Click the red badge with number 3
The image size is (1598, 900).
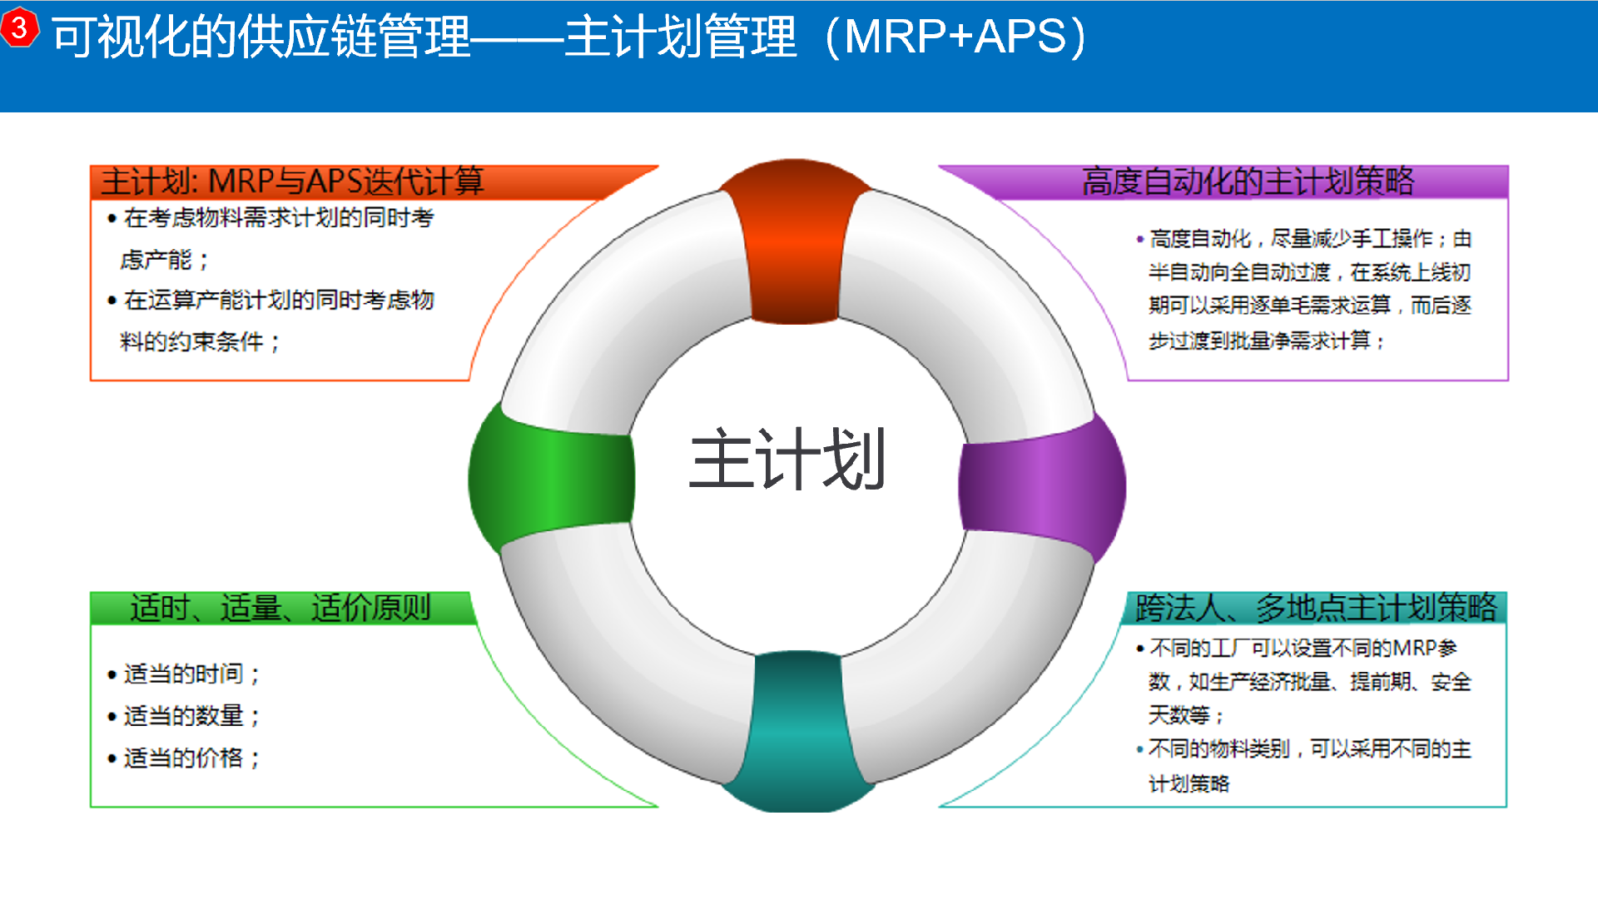click(x=19, y=27)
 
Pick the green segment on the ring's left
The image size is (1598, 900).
click(x=552, y=478)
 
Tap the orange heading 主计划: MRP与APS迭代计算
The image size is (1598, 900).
click(x=292, y=181)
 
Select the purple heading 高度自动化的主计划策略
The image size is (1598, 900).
click(x=1248, y=181)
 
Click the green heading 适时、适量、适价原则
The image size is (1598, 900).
click(x=280, y=608)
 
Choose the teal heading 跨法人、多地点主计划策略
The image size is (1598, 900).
click(x=1316, y=608)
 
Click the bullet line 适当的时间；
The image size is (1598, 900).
click(x=184, y=674)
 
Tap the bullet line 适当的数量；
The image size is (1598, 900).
click(x=184, y=716)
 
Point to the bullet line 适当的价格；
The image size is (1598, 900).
click(x=184, y=758)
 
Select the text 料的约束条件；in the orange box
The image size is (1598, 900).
click(x=201, y=341)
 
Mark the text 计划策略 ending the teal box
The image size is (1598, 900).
click(x=1189, y=783)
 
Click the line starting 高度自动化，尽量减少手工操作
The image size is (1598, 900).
click(x=1304, y=239)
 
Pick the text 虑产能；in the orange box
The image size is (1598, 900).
click(x=165, y=260)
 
